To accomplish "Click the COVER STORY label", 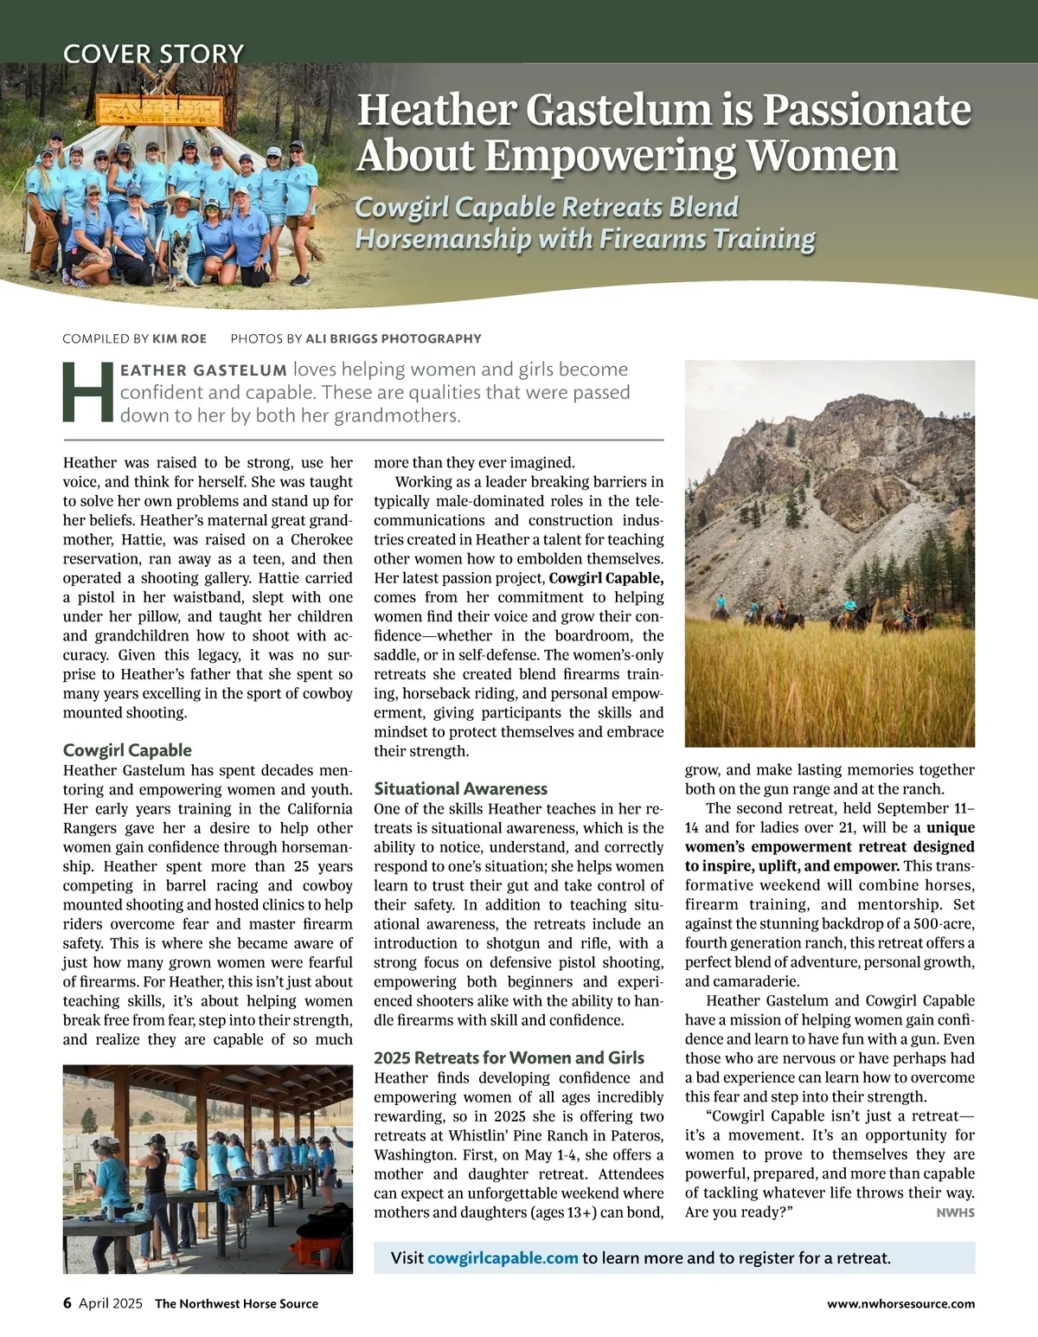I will pyautogui.click(x=153, y=54).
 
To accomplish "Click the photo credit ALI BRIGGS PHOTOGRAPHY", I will pyautogui.click(x=393, y=338).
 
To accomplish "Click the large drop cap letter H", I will pyautogui.click(x=88, y=392).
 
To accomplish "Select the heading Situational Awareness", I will pyautogui.click(x=460, y=788).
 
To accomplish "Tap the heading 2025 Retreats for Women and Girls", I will pyautogui.click(x=509, y=1057).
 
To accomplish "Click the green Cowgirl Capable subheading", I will pyautogui.click(x=127, y=750).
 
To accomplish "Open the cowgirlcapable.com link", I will pyautogui.click(x=503, y=1257).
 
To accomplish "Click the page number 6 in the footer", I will pyautogui.click(x=67, y=1303).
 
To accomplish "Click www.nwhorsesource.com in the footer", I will pyautogui.click(x=900, y=1303).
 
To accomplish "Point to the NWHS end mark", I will pyautogui.click(x=955, y=1212).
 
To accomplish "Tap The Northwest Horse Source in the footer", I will pyautogui.click(x=236, y=1303).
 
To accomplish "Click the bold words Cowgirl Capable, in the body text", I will pyautogui.click(x=605, y=578).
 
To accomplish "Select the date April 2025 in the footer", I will pyautogui.click(x=111, y=1303).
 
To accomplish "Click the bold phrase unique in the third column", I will pyautogui.click(x=950, y=827).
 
